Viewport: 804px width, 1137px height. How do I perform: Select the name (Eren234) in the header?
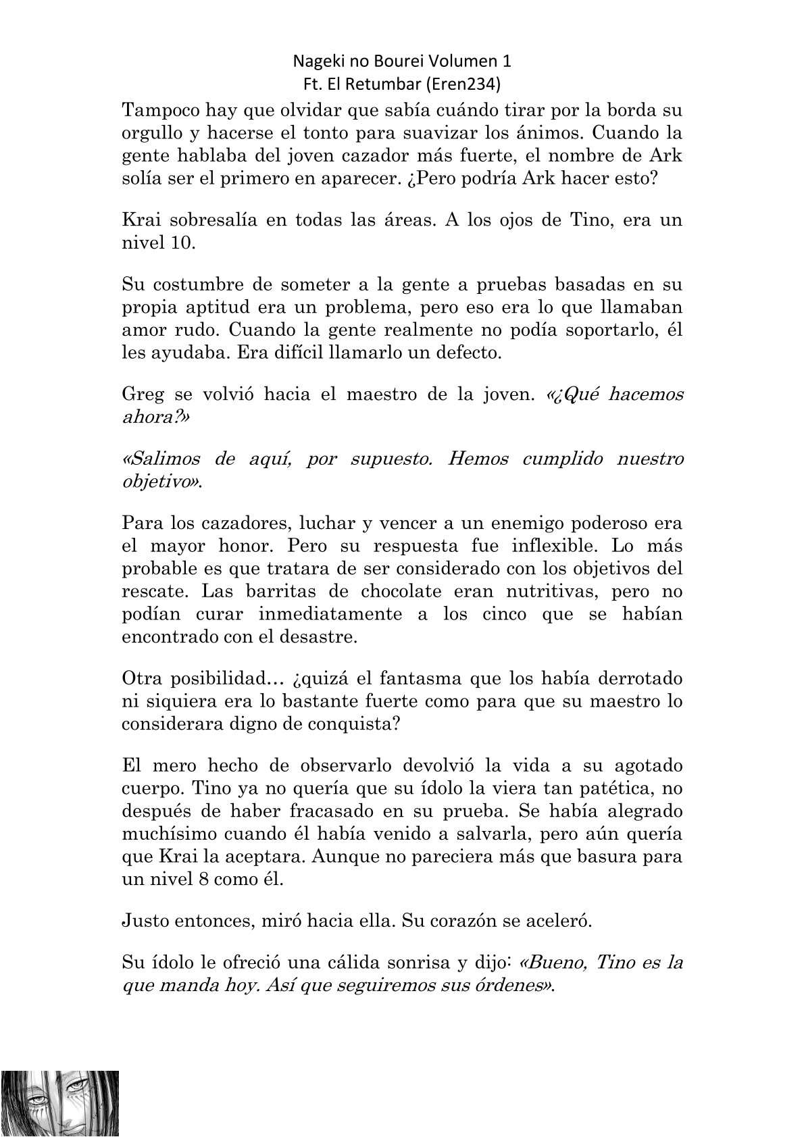(x=476, y=84)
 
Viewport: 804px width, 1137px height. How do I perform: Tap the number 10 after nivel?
(x=181, y=243)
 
